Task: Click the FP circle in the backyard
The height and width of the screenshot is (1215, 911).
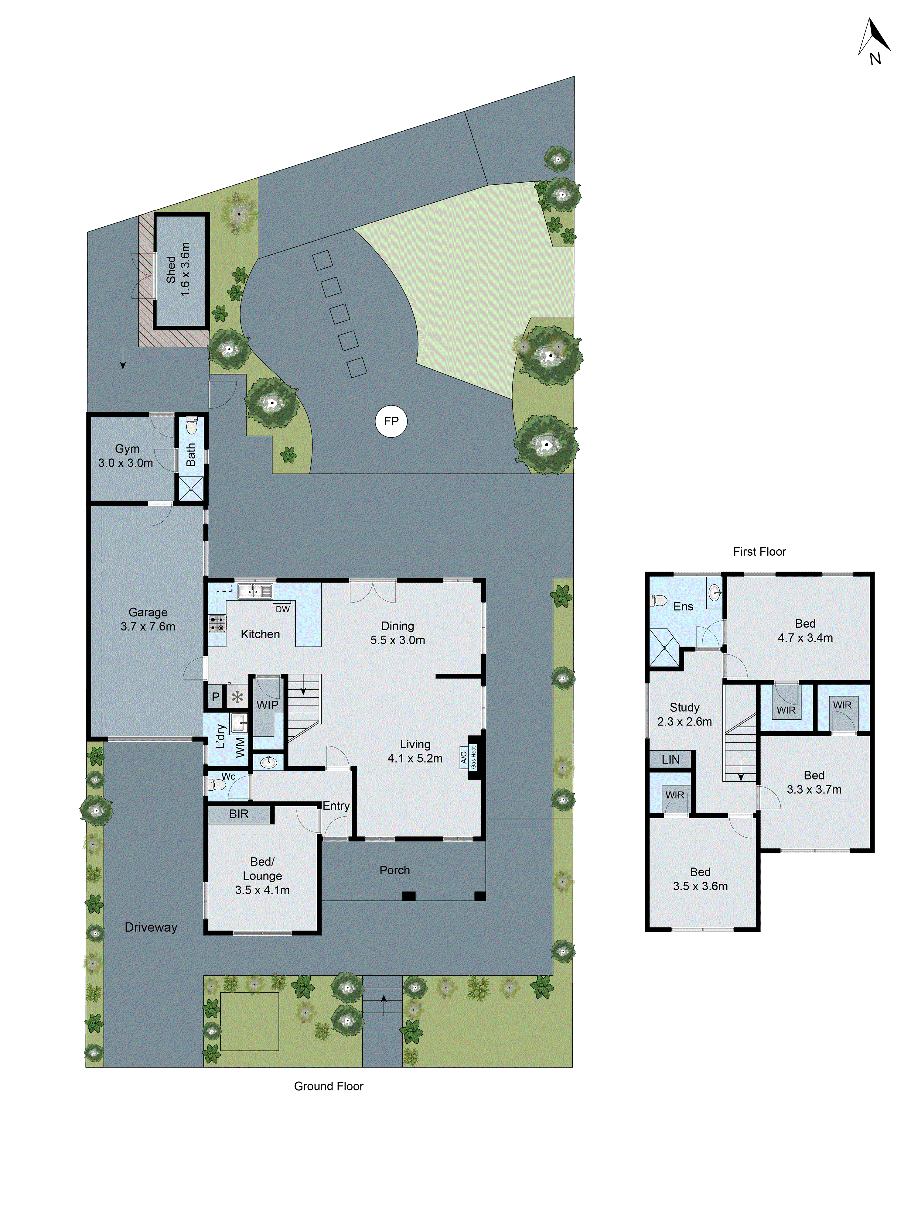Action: (391, 421)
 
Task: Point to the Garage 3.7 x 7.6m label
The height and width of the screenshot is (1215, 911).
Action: (148, 619)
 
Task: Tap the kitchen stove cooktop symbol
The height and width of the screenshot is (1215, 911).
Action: (217, 623)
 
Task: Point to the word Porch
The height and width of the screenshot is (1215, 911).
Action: (394, 870)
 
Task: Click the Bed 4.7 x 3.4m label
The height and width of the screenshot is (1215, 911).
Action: (805, 630)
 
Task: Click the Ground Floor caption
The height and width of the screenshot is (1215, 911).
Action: (328, 1086)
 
